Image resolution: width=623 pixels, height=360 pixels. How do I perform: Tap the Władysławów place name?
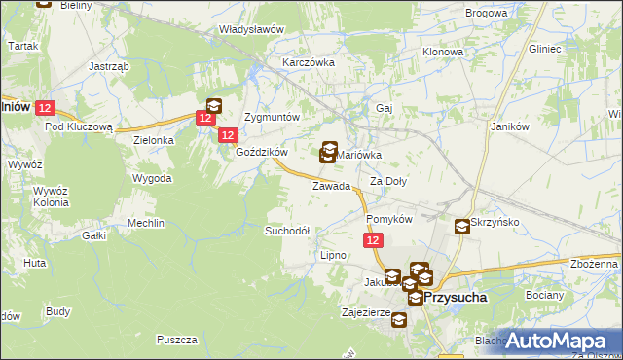pos(251,29)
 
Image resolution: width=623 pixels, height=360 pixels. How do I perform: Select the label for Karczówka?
pos(308,61)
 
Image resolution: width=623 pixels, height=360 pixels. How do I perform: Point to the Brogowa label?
pos(487,13)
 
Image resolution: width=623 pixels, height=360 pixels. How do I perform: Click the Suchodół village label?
pos(287,231)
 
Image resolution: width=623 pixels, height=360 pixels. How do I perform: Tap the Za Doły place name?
pos(387,182)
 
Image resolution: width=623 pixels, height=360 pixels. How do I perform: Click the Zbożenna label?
pos(596,264)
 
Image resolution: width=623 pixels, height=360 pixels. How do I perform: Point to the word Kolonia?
pos(49,203)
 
